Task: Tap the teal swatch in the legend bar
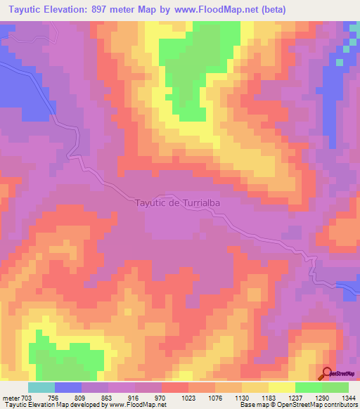pos(41,387)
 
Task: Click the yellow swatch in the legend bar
pos(281,387)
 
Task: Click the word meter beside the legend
pos(11,397)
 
